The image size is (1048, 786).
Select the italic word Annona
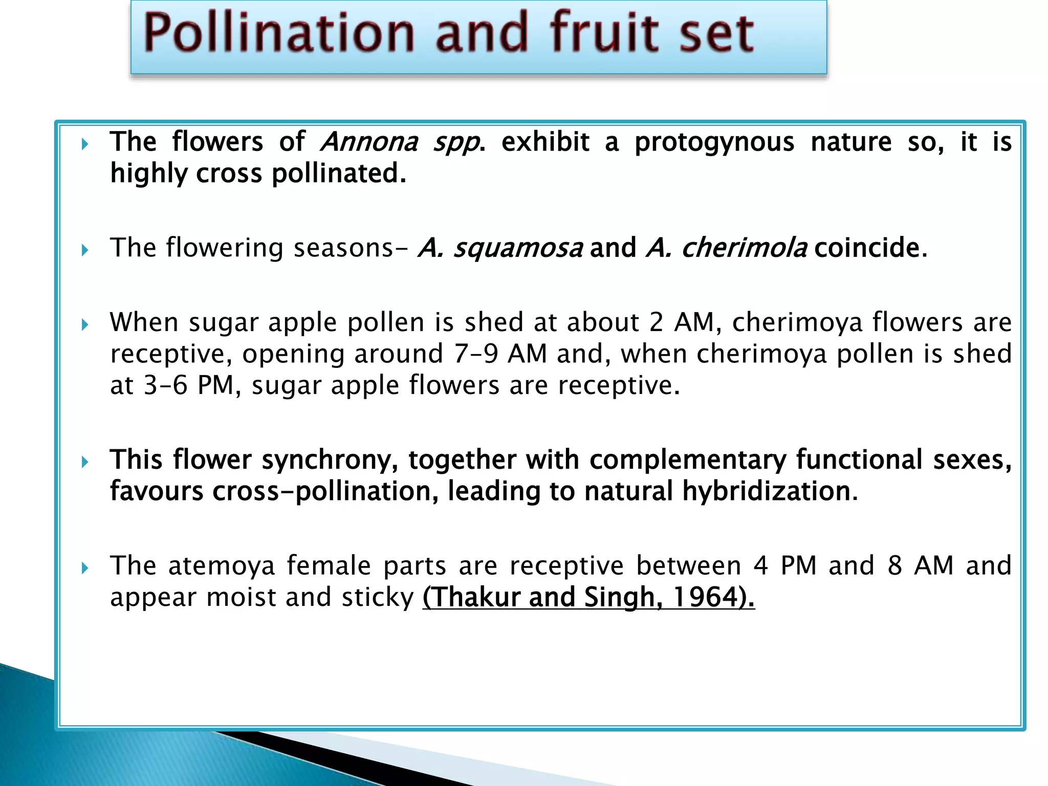coord(369,142)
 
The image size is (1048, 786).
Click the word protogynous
coord(714,142)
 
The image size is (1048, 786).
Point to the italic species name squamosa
coord(518,248)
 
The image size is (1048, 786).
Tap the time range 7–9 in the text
coord(476,354)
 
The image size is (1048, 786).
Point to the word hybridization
coord(765,491)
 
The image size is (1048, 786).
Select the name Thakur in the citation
coord(475,597)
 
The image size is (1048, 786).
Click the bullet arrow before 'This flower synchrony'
coord(85,463)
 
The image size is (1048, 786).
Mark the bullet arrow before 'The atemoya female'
coord(85,568)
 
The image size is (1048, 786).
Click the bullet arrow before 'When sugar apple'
coord(85,325)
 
